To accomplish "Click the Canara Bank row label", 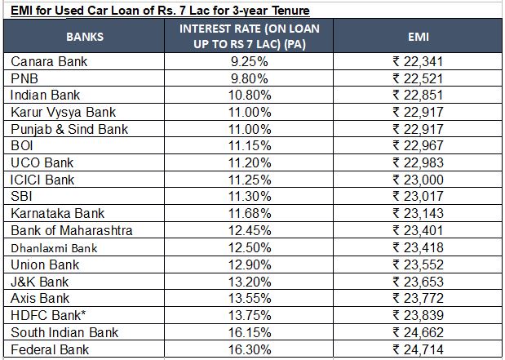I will click(x=49, y=62).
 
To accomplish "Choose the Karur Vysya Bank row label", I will click(x=64, y=112).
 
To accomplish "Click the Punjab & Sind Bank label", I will click(x=69, y=129).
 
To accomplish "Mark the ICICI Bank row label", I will click(x=42, y=180).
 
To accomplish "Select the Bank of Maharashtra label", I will click(x=72, y=231).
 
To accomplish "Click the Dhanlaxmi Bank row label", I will click(x=54, y=248).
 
